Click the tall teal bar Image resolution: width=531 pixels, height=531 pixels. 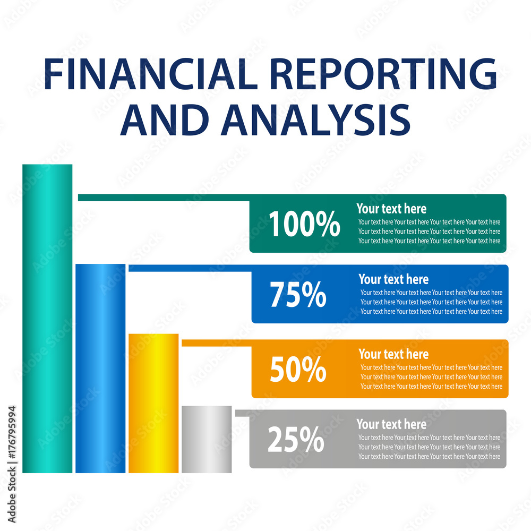(x=47, y=319)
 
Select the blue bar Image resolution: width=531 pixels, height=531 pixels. (x=100, y=368)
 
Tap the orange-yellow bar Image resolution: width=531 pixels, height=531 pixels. (x=153, y=403)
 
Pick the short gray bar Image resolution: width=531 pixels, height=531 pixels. (x=207, y=439)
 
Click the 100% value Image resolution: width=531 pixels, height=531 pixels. (x=304, y=225)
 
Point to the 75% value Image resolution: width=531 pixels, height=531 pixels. (x=298, y=295)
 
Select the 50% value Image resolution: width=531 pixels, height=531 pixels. (x=298, y=370)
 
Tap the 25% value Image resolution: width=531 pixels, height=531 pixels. (x=296, y=440)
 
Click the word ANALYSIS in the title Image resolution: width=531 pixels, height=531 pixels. (x=316, y=119)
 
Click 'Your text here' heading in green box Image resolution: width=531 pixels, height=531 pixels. (x=391, y=209)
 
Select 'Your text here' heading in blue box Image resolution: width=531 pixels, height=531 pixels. (x=393, y=279)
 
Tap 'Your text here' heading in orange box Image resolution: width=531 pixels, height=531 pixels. (x=393, y=354)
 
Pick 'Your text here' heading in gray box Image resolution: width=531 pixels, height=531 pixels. (x=391, y=424)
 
